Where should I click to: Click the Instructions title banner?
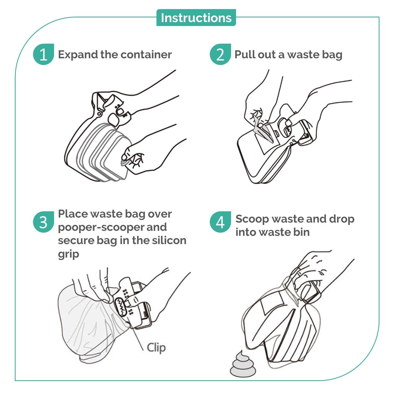click(196, 18)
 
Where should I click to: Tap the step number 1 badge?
click(43, 54)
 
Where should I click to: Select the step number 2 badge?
click(220, 54)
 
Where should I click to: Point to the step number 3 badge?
click(43, 222)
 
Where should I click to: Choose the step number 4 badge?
click(220, 222)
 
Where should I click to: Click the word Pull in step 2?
click(244, 55)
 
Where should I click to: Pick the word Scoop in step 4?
click(252, 219)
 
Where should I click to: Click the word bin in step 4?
click(302, 232)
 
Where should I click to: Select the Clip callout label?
click(156, 348)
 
